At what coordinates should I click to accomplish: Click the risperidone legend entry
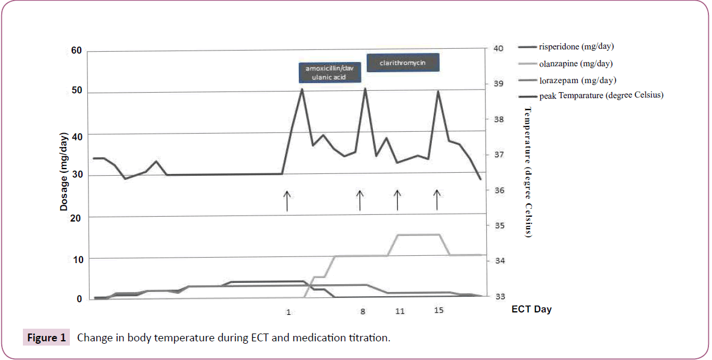point(576,46)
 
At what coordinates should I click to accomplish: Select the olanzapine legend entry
point(576,63)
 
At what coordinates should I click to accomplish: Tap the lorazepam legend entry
point(577,80)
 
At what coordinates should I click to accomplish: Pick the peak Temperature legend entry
point(601,95)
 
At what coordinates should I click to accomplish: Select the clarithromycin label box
point(403,63)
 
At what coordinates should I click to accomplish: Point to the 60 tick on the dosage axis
point(76,51)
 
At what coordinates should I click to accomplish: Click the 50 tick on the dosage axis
point(76,92)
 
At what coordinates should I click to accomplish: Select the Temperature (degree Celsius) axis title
point(528,172)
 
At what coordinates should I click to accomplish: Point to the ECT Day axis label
point(531,309)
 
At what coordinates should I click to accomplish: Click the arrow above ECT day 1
point(287,200)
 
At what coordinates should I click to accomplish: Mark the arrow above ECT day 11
point(397,200)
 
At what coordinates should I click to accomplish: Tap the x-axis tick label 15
point(439,311)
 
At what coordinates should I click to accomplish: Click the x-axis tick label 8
point(363,311)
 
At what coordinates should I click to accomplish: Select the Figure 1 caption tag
point(46,337)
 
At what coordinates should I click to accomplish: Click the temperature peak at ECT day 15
point(438,92)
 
